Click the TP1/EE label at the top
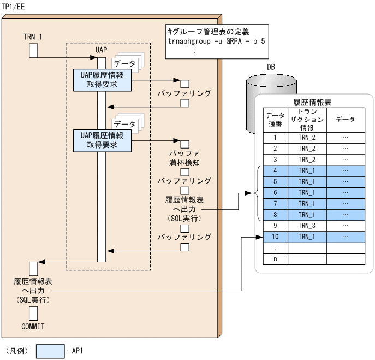coord(14,6)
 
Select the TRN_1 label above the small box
coord(33,37)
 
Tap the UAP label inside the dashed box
coord(101,50)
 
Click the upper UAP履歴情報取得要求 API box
coord(102,80)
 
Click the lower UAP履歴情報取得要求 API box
coord(102,140)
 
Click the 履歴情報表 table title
coord(313,102)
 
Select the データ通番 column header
coord(275,119)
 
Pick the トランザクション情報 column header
coord(307,119)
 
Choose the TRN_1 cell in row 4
coord(307,170)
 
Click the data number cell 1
coord(275,138)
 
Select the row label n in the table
coord(275,258)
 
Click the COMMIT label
coord(33,326)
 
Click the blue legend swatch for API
coord(50,351)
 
